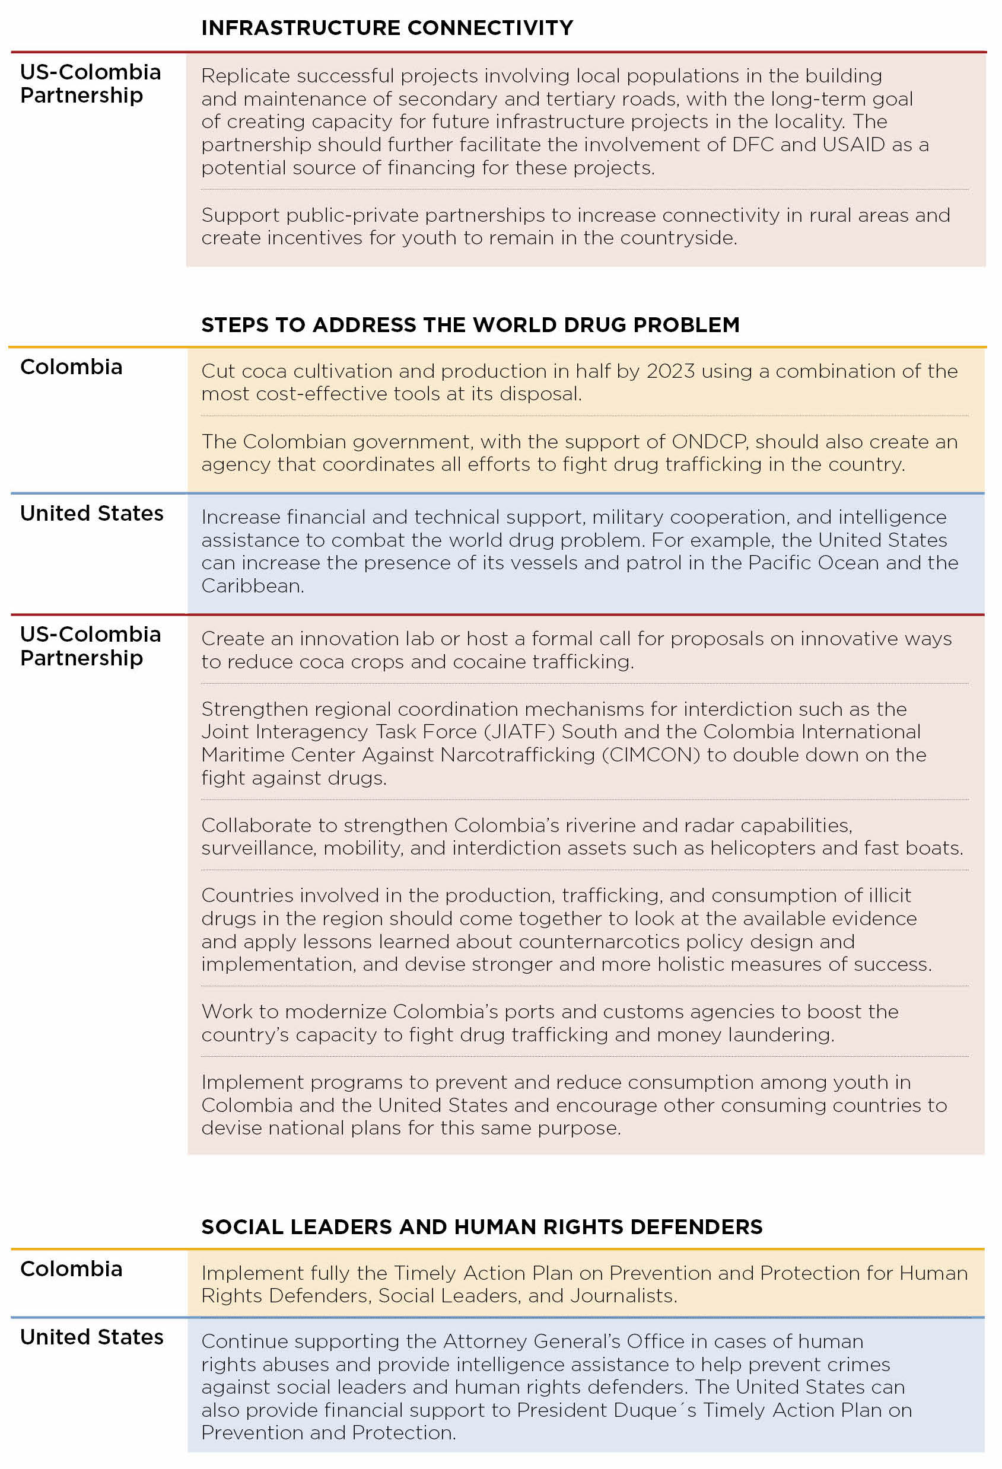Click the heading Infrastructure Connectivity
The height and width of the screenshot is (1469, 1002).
pos(387,28)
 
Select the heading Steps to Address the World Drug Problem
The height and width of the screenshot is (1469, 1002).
pos(470,324)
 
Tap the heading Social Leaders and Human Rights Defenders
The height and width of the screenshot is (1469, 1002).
pos(482,1226)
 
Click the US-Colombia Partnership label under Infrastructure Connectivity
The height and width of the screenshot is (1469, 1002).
pos(90,84)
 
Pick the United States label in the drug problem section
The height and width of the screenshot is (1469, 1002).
pos(92,513)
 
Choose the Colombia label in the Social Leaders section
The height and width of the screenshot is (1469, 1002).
pos(71,1269)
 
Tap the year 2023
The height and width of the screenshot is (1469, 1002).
pos(670,371)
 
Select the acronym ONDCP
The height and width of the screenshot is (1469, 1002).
pos(710,441)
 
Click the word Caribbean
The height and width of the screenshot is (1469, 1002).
pos(251,586)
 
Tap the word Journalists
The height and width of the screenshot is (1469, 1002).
pos(623,1296)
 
